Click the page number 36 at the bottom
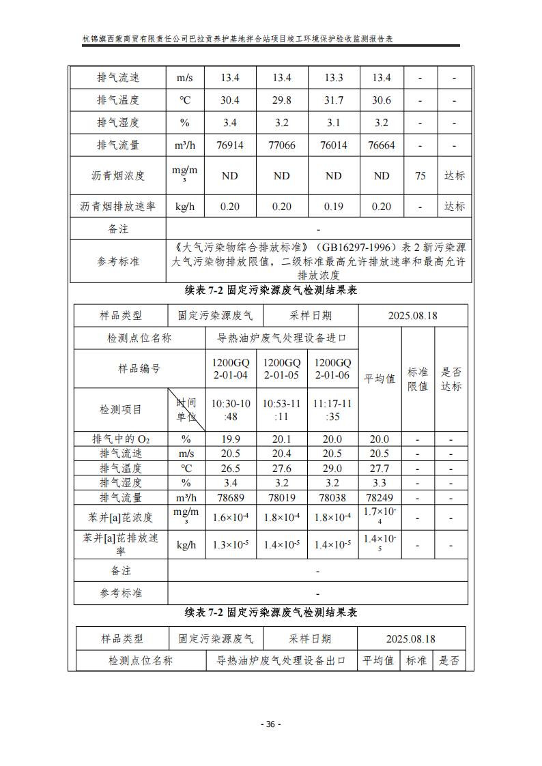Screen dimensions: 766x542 pos(270,724)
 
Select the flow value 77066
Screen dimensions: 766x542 pos(282,145)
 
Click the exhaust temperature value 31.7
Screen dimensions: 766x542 pos(333,100)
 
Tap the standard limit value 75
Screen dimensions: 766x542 pos(420,176)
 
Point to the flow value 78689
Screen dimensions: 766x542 pos(231,498)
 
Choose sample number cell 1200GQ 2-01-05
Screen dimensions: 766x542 pos(282,369)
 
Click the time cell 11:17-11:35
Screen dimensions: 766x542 pos(332,410)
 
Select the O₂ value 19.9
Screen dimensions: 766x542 pos(231,439)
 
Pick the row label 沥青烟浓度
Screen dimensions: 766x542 pos(118,176)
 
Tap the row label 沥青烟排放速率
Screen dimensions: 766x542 pos(118,206)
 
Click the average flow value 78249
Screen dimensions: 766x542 pos(380,498)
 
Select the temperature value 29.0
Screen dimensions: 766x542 pos(332,469)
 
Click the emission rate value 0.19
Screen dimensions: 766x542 pos(333,206)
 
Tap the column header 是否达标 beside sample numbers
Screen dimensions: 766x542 pos(451,379)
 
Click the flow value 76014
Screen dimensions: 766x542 pos(333,145)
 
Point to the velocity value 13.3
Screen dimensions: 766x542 pos(333,78)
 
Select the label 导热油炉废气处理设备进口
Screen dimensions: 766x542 pos(282,338)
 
